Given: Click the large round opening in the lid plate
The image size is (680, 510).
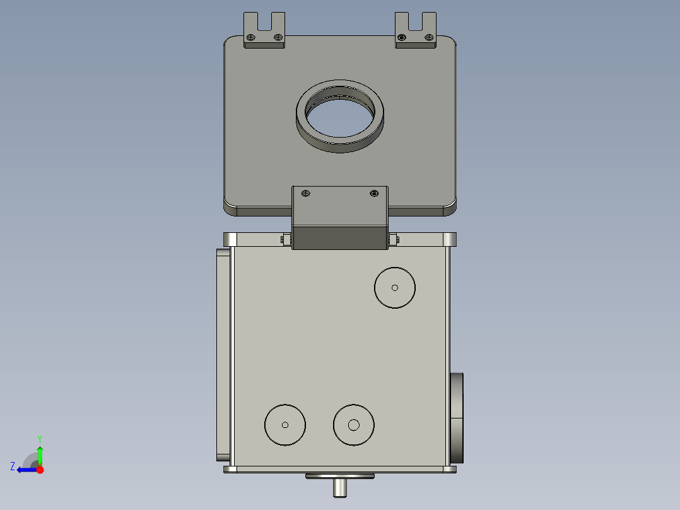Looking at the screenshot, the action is pos(340,116).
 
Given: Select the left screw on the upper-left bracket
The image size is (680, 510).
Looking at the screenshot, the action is pos(250,37).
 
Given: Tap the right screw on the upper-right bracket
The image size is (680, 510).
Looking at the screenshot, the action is pos(430,37).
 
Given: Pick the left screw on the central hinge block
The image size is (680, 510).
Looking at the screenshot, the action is pos(306,193).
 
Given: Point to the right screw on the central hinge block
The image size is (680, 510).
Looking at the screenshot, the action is pos(374,193).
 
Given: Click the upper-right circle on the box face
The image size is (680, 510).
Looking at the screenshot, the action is pos(395,288).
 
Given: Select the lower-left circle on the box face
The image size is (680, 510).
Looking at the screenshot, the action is pos(285,425).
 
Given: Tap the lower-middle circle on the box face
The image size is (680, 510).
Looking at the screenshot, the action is pos(354,425).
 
